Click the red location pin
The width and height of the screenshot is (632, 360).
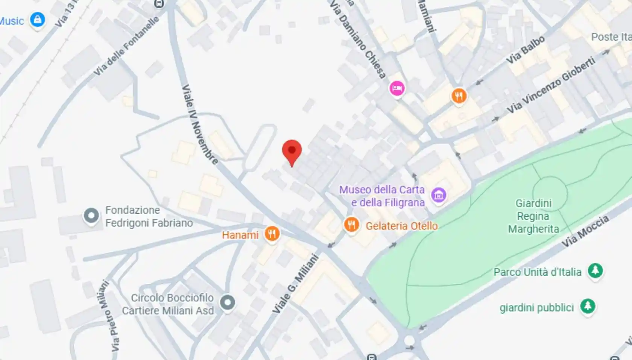292,151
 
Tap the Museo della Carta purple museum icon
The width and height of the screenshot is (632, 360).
439,195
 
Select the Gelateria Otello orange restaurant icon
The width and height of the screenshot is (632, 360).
351,225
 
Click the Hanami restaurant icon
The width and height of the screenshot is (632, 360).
272,234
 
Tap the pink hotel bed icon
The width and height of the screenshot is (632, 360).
397,88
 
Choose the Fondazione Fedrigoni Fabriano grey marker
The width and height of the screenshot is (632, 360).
91,216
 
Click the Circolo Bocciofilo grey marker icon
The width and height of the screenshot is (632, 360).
227,302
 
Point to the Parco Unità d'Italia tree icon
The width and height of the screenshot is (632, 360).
595,270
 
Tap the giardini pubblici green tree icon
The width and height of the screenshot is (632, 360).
588,306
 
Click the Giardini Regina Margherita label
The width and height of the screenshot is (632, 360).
533,216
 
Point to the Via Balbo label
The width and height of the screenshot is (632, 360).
526,50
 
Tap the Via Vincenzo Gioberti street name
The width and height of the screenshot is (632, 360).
551,85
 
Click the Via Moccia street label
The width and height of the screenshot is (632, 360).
585,231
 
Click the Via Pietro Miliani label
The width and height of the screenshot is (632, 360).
109,316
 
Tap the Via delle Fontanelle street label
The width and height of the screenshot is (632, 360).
126,46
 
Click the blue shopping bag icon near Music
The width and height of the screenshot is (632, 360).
37,19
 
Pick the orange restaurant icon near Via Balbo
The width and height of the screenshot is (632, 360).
459,96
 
